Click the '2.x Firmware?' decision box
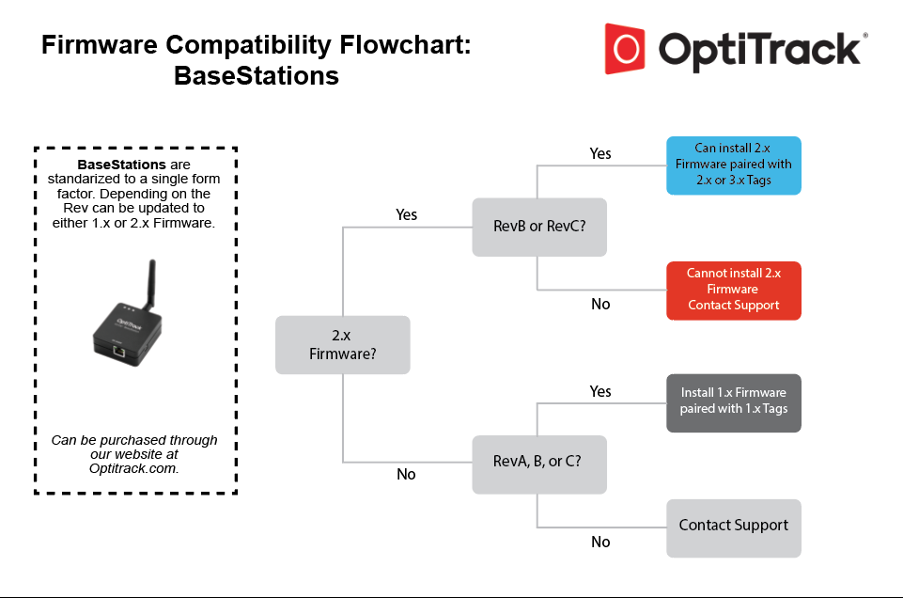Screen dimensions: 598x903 click(342, 344)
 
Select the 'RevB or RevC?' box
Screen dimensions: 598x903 click(539, 227)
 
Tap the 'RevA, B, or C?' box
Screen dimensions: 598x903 click(539, 463)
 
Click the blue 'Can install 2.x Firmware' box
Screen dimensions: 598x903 click(733, 165)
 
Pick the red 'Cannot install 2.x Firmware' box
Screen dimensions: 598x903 click(733, 290)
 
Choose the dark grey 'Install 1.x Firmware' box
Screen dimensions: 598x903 click(733, 401)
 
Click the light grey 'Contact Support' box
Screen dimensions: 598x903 click(733, 527)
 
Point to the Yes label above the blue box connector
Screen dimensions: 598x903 click(600, 153)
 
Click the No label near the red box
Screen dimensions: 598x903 click(600, 304)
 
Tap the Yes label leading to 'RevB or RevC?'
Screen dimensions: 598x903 click(406, 214)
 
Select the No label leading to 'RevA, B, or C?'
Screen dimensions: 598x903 click(406, 474)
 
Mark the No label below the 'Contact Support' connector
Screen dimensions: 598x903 click(600, 542)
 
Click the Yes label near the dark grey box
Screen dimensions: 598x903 click(600, 391)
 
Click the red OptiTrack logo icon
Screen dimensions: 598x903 click(625, 48)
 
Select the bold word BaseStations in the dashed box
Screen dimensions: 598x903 click(121, 165)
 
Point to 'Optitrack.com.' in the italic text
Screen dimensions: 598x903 click(134, 467)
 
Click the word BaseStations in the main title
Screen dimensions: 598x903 click(257, 75)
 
